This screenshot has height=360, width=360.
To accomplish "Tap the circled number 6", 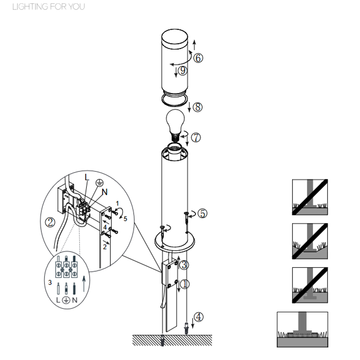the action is point(198,58).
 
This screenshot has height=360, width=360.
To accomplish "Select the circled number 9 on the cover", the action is point(183,70).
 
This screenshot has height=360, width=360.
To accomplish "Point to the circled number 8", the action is point(198,107).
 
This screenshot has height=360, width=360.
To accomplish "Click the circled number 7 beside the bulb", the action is point(196,138).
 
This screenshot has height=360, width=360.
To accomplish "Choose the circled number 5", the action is point(202,213).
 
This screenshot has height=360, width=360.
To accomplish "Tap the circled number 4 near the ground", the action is point(199,317).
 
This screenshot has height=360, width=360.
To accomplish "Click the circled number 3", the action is point(184,265).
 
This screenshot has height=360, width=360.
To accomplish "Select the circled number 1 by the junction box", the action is point(185,284).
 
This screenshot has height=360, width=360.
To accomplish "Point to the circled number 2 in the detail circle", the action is point(50,222).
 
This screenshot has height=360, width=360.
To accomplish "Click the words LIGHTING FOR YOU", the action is point(49,6).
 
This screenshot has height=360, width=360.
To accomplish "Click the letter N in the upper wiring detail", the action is point(105,192).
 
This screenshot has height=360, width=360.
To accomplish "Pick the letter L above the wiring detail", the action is point(86,177).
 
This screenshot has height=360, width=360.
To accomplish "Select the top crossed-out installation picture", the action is point(310,197).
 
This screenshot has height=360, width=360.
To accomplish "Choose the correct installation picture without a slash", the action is point(302,329).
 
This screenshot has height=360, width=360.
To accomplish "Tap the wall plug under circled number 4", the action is point(186,328).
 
